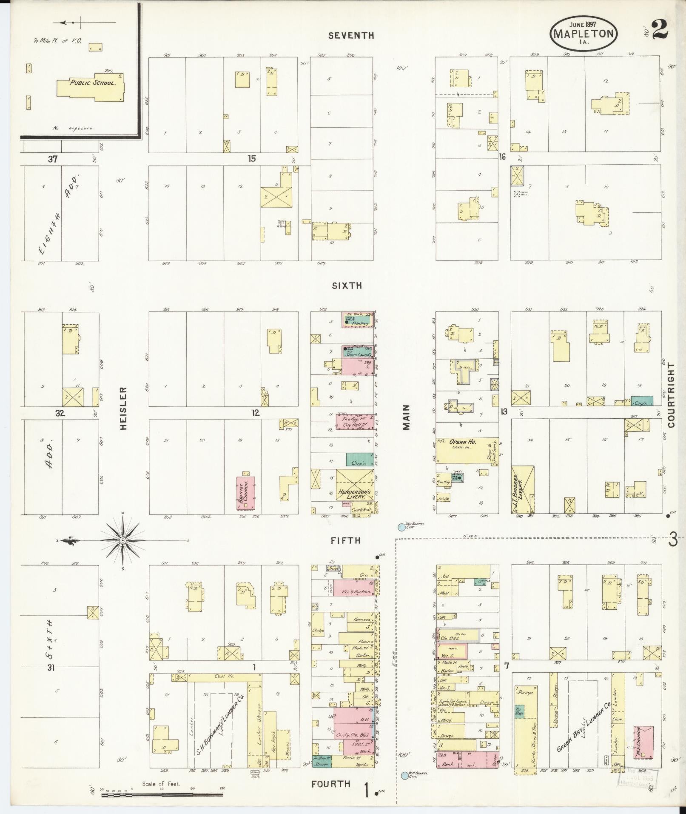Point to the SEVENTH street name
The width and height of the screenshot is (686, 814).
click(x=351, y=36)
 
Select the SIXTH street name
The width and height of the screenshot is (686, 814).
click(x=347, y=286)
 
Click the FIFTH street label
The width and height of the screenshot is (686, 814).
click(x=346, y=541)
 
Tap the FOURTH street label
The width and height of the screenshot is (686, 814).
click(x=330, y=784)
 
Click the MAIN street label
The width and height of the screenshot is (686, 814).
click(x=406, y=417)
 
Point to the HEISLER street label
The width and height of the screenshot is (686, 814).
click(x=124, y=408)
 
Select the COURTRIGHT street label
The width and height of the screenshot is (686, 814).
click(x=671, y=394)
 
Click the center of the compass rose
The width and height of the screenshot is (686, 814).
click(x=123, y=540)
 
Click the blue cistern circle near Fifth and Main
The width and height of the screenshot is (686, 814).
click(x=401, y=527)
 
